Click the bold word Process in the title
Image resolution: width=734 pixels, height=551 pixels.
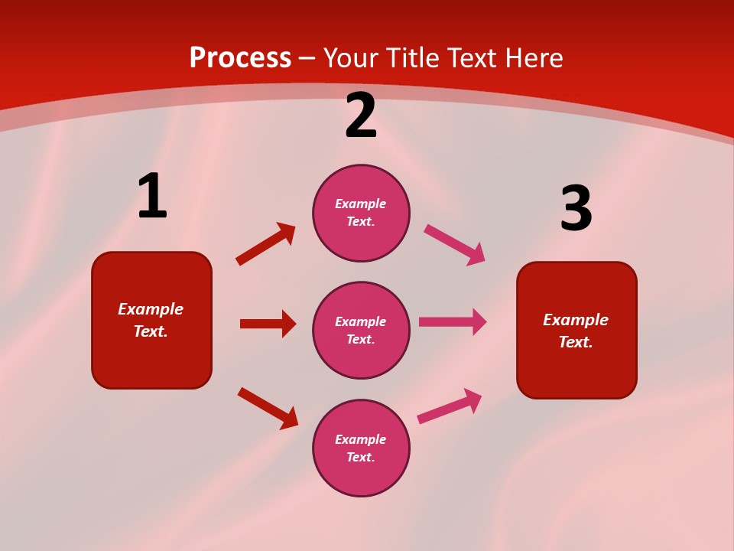240,58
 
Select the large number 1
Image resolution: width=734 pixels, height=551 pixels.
152,197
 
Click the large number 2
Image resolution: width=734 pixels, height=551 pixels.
361,116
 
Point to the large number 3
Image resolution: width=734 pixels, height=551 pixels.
576,210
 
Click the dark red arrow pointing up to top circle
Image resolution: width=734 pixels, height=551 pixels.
265,244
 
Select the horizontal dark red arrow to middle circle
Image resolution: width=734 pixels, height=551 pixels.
268,324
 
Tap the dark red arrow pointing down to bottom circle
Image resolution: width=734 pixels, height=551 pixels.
268,408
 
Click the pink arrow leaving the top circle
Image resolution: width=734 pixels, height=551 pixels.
454,245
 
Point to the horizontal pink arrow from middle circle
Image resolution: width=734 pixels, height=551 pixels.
453,322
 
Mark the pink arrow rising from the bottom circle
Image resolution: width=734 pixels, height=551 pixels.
450,406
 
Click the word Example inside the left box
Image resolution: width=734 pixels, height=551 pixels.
151,309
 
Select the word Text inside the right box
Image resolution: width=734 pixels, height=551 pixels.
576,342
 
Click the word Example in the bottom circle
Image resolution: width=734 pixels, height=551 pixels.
361,439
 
